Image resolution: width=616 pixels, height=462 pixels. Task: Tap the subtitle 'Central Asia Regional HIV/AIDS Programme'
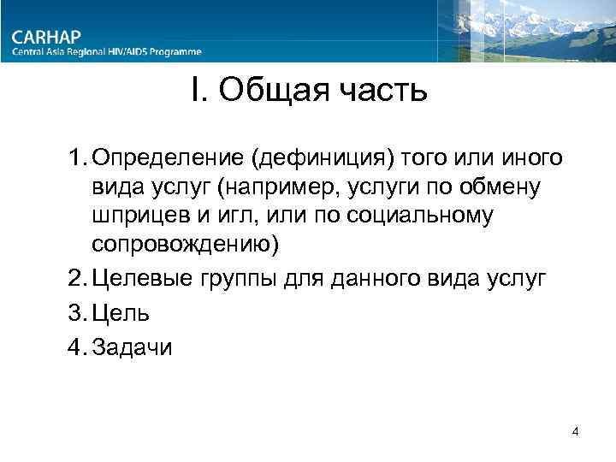click(107, 52)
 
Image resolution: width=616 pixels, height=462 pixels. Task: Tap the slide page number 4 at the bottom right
click(576, 431)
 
